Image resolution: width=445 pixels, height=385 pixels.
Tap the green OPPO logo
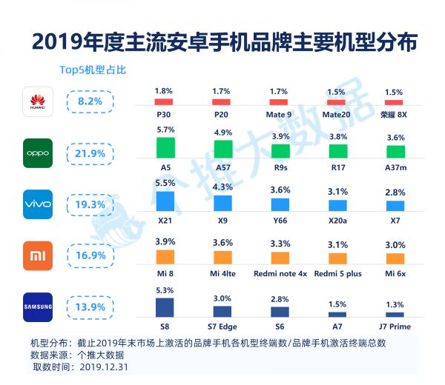pyautogui.click(x=38, y=153)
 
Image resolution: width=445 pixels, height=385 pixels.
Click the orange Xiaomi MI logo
pyautogui.click(x=38, y=255)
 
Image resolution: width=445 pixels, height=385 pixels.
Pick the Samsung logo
pyautogui.click(x=38, y=307)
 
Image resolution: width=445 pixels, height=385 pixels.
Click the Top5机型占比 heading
pyautogui.click(x=93, y=70)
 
